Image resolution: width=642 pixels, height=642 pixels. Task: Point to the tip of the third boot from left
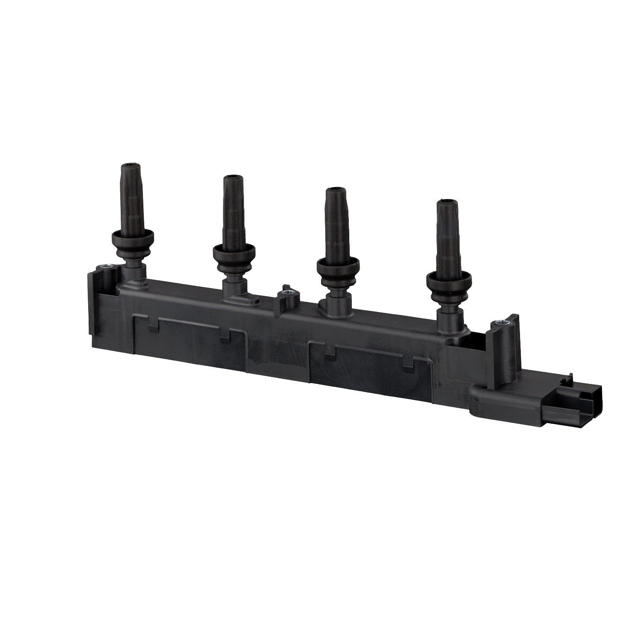tap(336, 189)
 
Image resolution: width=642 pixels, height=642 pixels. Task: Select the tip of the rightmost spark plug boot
tap(447, 202)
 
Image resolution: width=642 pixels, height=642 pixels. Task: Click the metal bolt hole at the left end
tap(105, 267)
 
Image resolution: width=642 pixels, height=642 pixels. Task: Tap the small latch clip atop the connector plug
tap(569, 378)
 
